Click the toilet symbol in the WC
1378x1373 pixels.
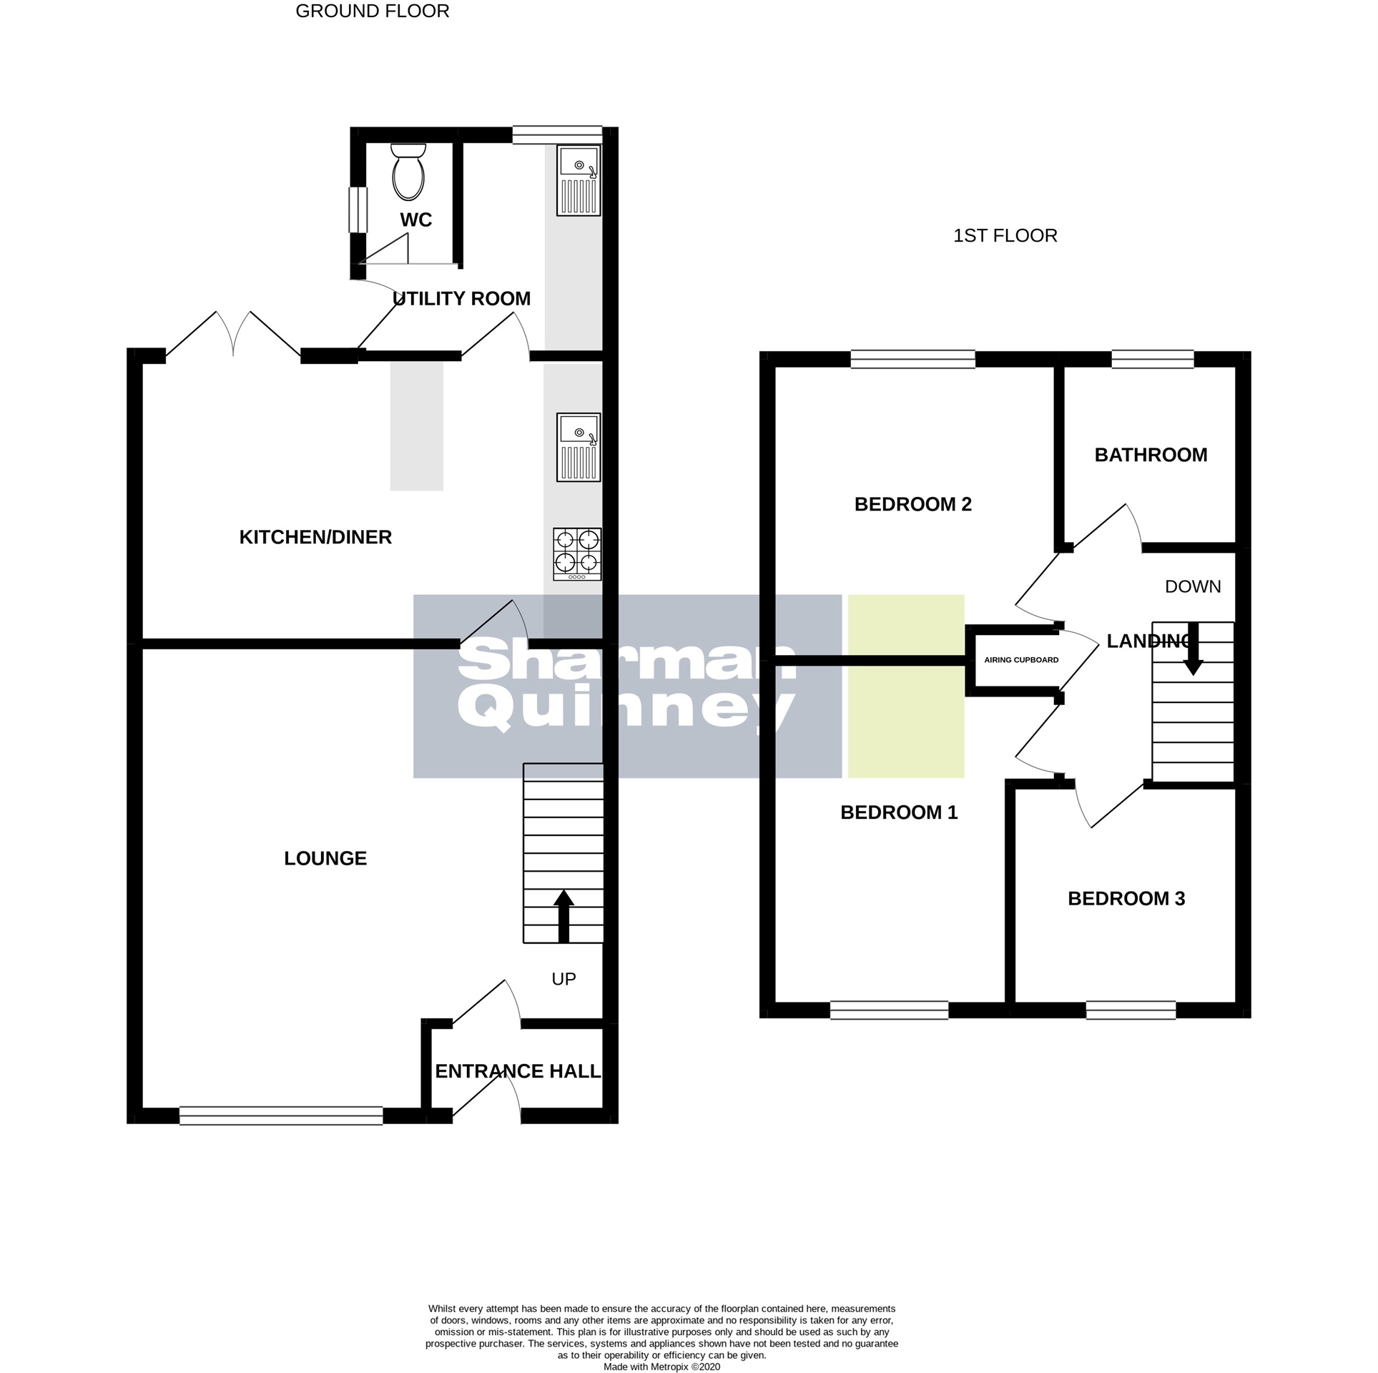tap(408, 172)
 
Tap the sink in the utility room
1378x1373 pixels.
tap(579, 180)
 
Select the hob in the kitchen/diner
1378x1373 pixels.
tap(577, 553)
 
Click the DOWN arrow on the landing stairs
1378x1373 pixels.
tap(1193, 650)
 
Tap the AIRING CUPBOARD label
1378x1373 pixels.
tap(1021, 660)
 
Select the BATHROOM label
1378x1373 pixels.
tap(1151, 455)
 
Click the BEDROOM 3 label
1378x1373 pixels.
tap(1126, 899)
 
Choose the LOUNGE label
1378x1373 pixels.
tap(325, 858)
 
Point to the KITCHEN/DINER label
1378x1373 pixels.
tap(315, 537)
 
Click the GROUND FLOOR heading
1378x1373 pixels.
tap(373, 11)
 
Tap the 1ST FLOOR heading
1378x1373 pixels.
tap(1005, 236)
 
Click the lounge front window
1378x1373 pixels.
tap(281, 1116)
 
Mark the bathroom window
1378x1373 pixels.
tap(1153, 359)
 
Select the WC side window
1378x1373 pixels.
tap(358, 210)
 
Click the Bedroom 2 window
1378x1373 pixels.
tap(912, 359)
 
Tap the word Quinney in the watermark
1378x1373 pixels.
tap(626, 708)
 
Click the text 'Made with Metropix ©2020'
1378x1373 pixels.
tap(661, 1367)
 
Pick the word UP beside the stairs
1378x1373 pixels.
tap(563, 979)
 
